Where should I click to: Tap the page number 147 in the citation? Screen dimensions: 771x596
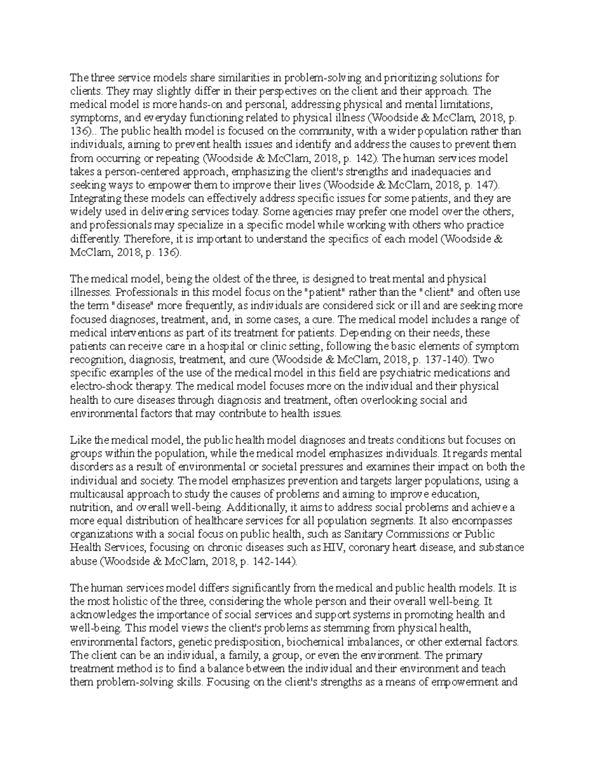484,185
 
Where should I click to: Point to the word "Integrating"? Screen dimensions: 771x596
94,199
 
